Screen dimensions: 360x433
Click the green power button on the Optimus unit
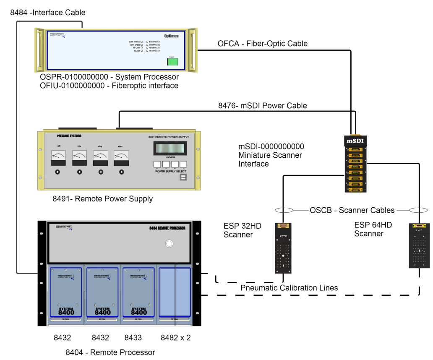coord(172,62)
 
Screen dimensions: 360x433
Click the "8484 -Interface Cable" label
coord(47,13)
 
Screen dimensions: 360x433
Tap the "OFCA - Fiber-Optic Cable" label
coord(262,44)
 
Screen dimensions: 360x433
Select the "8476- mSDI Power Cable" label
coord(262,106)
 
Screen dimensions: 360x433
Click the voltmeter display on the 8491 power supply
coord(170,148)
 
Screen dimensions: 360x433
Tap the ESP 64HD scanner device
coord(420,245)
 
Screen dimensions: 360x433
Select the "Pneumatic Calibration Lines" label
coord(289,288)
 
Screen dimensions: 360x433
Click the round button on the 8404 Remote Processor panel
coord(169,244)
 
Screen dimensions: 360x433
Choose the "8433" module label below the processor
coord(133,337)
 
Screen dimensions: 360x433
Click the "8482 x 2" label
coord(176,337)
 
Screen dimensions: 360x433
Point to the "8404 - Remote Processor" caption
coord(110,352)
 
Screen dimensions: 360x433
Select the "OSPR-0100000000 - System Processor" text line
coord(107,77)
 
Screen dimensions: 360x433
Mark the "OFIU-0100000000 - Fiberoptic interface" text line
coord(106,86)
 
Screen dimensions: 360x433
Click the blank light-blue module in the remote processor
coord(175,292)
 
